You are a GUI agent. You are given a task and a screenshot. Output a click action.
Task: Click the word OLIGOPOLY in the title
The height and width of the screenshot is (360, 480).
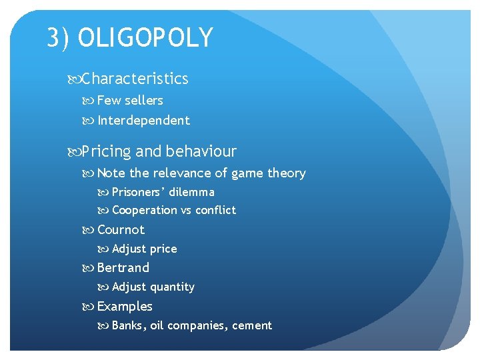click(x=145, y=38)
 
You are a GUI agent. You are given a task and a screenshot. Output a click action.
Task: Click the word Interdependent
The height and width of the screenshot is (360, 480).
click(x=143, y=121)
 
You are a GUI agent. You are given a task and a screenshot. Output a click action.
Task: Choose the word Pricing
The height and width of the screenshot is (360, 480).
click(x=107, y=151)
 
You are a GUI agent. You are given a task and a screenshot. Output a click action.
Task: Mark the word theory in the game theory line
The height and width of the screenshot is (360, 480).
click(x=286, y=173)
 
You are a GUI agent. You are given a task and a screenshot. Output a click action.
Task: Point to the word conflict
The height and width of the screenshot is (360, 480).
click(x=215, y=210)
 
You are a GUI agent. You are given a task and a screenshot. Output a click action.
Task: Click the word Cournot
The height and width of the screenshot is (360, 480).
click(x=121, y=230)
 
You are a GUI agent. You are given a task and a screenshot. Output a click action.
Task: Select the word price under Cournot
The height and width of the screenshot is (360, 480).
click(x=163, y=249)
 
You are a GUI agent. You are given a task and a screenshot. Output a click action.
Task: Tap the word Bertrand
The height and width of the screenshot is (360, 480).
click(x=123, y=268)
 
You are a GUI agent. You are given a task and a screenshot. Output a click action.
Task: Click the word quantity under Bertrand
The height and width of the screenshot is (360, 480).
click(x=172, y=287)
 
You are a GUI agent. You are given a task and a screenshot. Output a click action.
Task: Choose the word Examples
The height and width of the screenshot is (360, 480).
click(x=125, y=307)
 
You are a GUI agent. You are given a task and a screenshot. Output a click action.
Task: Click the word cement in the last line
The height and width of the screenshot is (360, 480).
click(x=252, y=326)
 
